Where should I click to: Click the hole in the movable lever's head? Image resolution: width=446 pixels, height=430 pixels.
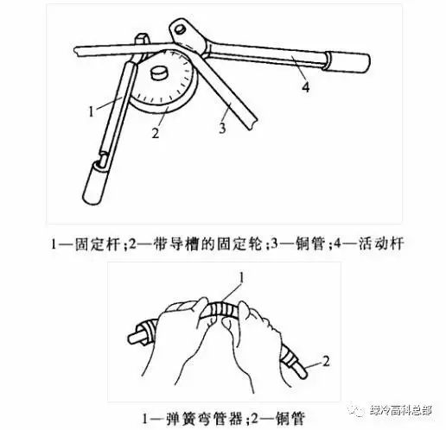pos(181,30)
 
